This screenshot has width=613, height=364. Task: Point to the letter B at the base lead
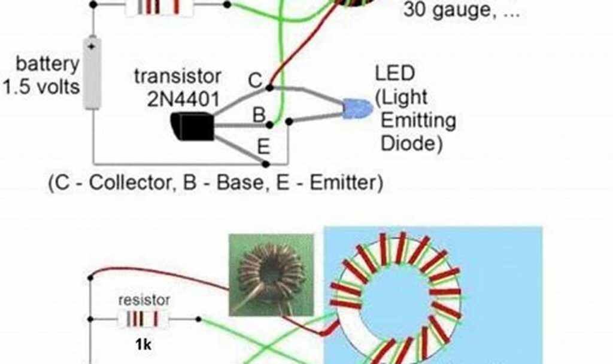259,115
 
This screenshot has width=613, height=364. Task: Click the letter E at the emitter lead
263,146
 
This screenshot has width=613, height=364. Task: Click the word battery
47,63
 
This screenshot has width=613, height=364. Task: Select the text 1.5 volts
41,87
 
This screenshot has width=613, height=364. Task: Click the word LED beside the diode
394,74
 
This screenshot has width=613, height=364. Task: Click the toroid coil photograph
271,274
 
